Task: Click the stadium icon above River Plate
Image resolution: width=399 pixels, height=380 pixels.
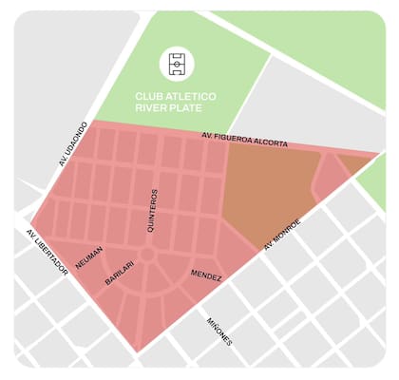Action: (x=177, y=64)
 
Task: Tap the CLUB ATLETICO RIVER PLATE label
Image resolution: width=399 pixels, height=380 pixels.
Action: (x=176, y=102)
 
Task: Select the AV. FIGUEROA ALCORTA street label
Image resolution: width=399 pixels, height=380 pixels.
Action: (x=245, y=141)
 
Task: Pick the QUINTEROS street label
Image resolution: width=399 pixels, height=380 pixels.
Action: (x=151, y=211)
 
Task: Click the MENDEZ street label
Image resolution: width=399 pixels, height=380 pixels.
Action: (x=206, y=275)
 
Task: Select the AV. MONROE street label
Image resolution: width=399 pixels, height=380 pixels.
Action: (x=282, y=234)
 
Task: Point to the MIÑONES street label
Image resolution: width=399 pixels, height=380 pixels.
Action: (x=219, y=331)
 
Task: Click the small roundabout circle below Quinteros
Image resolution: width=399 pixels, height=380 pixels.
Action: (x=147, y=255)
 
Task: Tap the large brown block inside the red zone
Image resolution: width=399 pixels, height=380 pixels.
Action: (x=264, y=190)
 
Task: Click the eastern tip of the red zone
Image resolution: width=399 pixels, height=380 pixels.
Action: (x=378, y=153)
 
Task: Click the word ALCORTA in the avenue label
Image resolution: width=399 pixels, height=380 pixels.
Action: (x=269, y=142)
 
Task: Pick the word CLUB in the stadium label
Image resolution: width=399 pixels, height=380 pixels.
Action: (x=149, y=96)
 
